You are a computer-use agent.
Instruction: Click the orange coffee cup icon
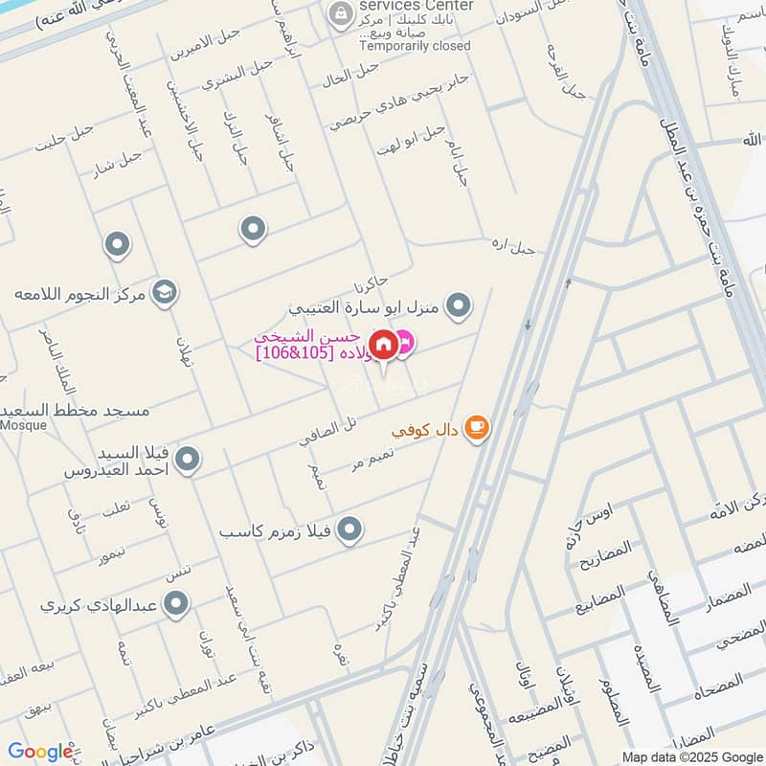(x=476, y=428)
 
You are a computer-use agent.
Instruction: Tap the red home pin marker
(x=383, y=344)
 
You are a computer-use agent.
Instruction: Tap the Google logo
(x=40, y=752)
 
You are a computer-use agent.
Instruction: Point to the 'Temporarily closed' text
(x=415, y=45)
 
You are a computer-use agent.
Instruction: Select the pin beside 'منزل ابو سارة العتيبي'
(x=460, y=305)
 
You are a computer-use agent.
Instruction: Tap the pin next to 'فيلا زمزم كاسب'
(x=350, y=528)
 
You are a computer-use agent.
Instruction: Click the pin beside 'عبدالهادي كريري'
(x=175, y=603)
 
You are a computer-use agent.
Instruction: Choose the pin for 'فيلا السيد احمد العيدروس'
(x=189, y=460)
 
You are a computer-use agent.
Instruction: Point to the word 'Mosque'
(x=23, y=425)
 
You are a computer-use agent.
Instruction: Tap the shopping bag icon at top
(x=338, y=13)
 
